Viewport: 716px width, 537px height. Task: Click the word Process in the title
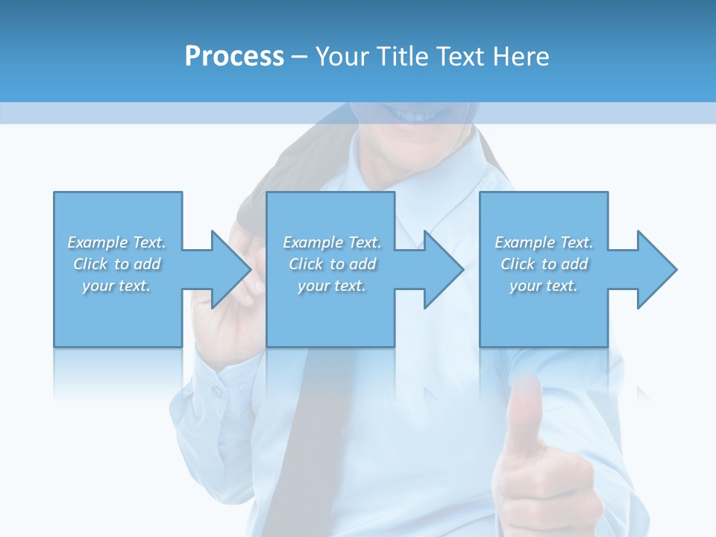click(234, 57)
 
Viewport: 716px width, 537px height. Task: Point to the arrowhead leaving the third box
click(656, 269)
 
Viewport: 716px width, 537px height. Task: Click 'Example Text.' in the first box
click(116, 242)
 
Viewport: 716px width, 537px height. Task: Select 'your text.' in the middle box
click(332, 286)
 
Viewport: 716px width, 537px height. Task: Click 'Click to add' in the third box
click(544, 264)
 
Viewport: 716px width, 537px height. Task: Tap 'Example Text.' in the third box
click(544, 242)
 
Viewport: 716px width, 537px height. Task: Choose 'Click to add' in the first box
click(117, 264)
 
